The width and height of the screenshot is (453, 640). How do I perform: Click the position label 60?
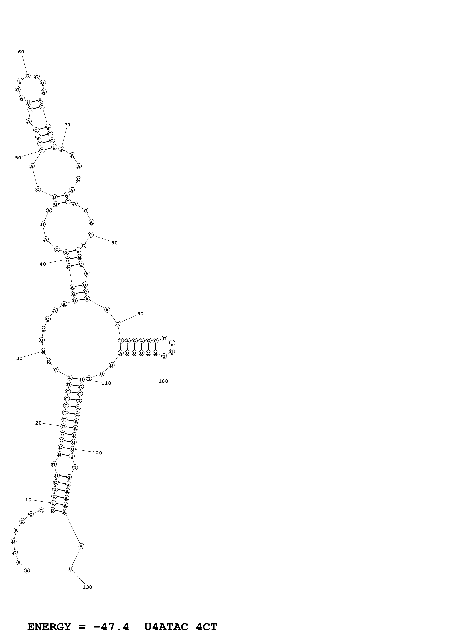[21, 52]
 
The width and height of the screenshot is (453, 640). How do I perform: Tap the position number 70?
[67, 125]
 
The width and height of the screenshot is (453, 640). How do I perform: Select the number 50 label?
[18, 158]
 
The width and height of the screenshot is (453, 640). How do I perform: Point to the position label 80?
[114, 243]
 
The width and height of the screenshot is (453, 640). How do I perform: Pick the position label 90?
[140, 314]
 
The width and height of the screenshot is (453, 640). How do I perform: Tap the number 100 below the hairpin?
[163, 381]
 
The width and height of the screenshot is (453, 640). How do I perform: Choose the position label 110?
[106, 383]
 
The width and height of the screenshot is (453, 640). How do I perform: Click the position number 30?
[19, 358]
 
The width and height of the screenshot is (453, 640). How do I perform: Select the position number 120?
[97, 453]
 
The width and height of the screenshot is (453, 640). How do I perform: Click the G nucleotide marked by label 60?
[27, 76]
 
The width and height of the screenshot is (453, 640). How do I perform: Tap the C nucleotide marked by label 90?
[117, 324]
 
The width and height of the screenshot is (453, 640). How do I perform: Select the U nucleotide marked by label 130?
[71, 569]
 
